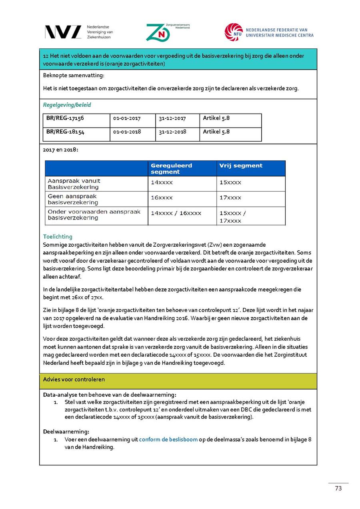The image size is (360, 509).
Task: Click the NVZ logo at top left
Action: [x=63, y=32]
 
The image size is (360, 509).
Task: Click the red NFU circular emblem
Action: [x=234, y=32]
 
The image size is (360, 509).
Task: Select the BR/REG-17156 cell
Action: [x=65, y=118]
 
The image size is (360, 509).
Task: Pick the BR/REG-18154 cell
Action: [x=65, y=132]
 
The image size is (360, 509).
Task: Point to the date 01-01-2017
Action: [x=127, y=118]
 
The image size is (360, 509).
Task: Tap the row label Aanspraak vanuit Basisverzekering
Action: [x=74, y=184]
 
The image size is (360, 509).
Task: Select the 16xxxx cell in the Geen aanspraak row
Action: [x=162, y=198]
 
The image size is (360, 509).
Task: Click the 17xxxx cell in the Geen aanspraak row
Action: [x=230, y=198]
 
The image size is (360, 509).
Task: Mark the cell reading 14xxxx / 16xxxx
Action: [x=176, y=213]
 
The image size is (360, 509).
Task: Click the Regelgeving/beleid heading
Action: [x=67, y=105]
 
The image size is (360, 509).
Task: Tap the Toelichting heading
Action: [x=58, y=237]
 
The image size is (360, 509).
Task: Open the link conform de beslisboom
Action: [x=168, y=439]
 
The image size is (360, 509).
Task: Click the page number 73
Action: [x=338, y=488]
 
